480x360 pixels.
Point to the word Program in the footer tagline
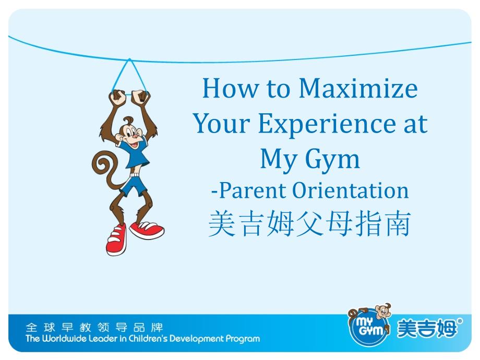(x=242, y=339)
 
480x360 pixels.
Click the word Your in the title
(x=218, y=124)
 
